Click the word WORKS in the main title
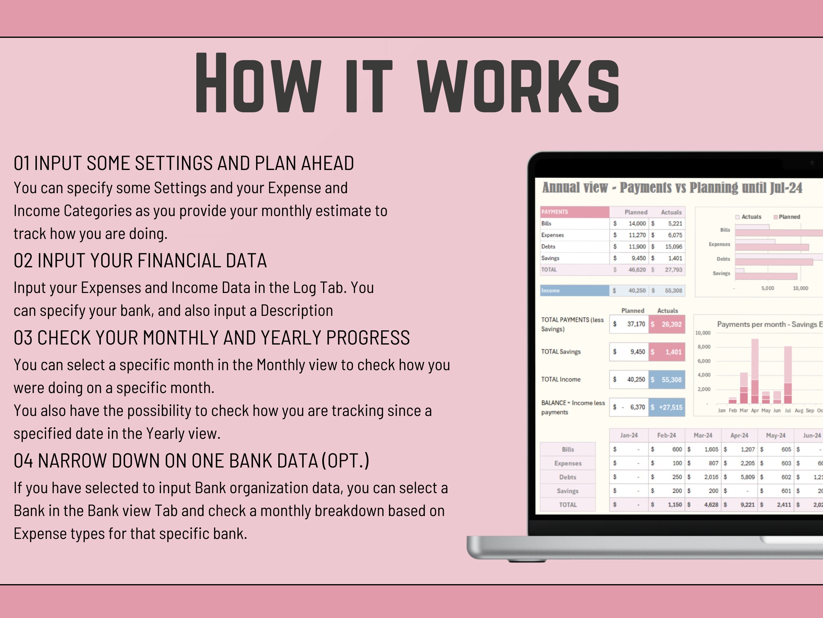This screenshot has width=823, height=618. click(x=518, y=82)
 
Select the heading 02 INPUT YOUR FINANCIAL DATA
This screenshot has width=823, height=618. click(x=140, y=260)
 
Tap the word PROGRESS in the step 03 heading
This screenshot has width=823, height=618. click(x=368, y=338)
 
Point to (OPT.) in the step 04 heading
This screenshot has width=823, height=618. click(x=345, y=461)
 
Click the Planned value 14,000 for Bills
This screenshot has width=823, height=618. click(x=637, y=223)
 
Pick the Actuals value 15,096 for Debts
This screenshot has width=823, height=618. click(x=673, y=247)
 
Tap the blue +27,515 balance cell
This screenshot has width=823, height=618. click(x=667, y=407)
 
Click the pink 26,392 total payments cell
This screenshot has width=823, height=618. click(x=667, y=324)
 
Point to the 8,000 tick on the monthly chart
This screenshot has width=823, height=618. click(x=703, y=347)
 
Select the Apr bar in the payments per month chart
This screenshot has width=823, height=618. click(x=755, y=371)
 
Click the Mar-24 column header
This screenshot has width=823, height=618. click(x=703, y=435)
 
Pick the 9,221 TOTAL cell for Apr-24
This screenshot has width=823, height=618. click(x=747, y=505)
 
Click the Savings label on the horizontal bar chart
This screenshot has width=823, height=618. click(x=721, y=273)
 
